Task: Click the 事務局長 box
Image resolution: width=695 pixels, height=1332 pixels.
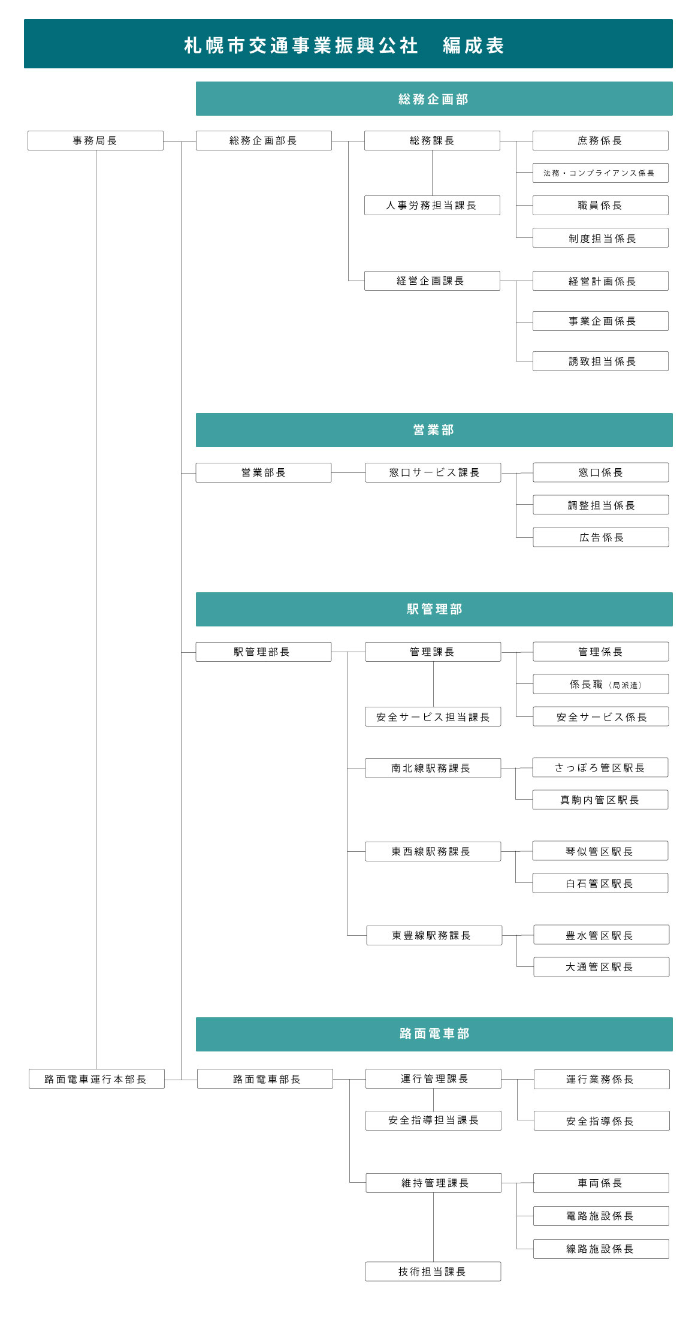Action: (95, 140)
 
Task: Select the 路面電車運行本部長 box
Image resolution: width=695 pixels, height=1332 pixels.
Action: (96, 1078)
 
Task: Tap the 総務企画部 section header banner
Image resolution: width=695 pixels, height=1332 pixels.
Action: (434, 99)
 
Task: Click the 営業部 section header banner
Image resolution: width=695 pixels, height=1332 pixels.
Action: (434, 430)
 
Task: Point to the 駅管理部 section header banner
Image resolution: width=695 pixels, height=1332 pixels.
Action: (434, 609)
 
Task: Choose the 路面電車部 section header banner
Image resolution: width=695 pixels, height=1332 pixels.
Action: (434, 1034)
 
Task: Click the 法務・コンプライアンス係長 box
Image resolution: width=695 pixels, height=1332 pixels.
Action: (600, 173)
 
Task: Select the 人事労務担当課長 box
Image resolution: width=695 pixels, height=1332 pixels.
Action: (432, 205)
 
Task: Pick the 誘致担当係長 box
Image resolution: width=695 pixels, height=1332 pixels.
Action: (600, 361)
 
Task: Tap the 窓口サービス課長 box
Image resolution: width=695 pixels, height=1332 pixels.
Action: (433, 472)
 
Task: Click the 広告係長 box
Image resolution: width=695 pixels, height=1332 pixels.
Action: (601, 537)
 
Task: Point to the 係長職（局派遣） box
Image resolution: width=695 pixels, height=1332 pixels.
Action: (601, 684)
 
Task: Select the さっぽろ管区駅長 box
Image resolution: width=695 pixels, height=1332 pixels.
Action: (600, 767)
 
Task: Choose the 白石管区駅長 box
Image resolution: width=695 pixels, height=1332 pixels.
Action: (600, 883)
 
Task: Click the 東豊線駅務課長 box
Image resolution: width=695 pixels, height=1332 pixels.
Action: (434, 935)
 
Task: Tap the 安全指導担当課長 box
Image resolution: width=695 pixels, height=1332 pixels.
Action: (433, 1120)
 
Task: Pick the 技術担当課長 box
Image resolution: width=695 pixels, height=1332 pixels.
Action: (433, 1271)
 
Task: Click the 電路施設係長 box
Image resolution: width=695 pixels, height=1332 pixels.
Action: (601, 1216)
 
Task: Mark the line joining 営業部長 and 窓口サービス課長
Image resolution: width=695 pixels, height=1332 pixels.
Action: (348, 473)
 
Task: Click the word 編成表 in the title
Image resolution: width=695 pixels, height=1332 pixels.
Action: (473, 46)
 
